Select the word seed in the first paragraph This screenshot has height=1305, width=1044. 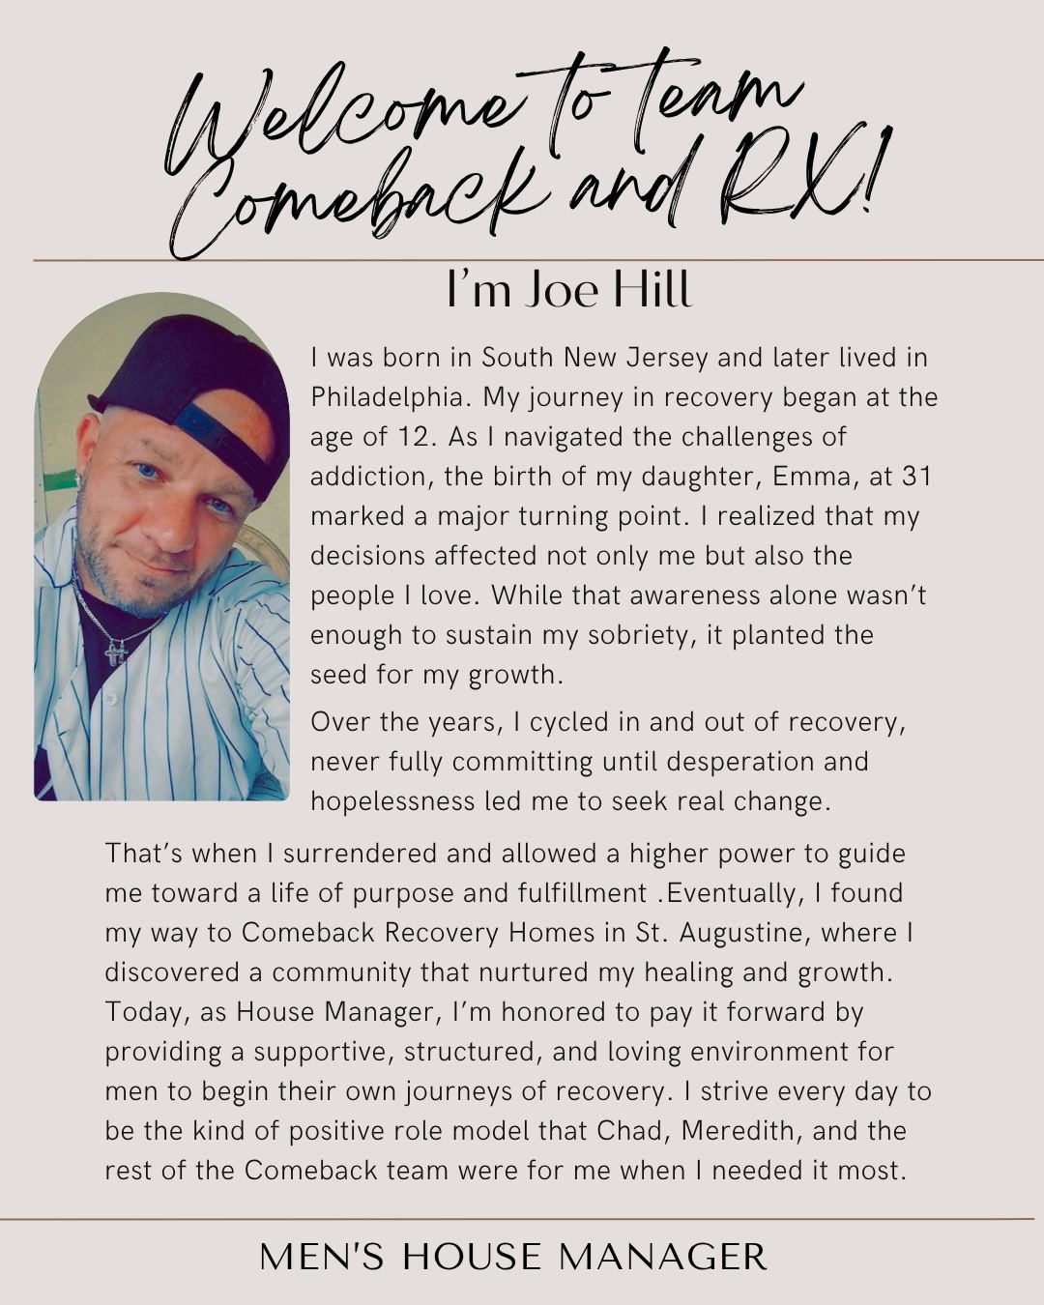pos(338,675)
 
